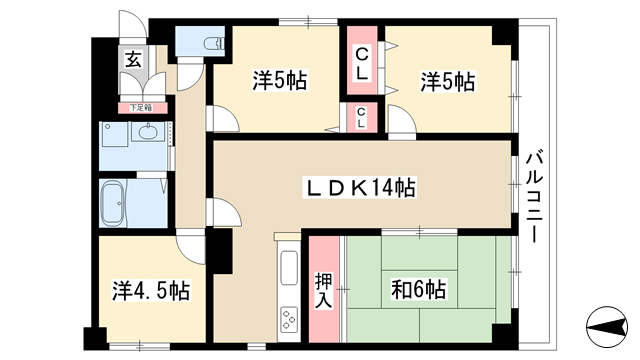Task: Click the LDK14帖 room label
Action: tap(359, 188)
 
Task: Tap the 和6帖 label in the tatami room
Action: tap(418, 289)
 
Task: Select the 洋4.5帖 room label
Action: tap(151, 291)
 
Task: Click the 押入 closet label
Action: tap(324, 290)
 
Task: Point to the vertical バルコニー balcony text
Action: tap(535, 197)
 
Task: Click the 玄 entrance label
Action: tap(133, 60)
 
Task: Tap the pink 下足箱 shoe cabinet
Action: tap(143, 108)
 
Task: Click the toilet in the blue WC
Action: tap(214, 42)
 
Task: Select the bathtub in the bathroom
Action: tap(114, 203)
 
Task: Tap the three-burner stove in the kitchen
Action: tap(289, 318)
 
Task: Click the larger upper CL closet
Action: tap(362, 60)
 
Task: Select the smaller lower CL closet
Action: tap(361, 118)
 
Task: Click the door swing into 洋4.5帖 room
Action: tap(190, 247)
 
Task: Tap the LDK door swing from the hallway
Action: tap(224, 211)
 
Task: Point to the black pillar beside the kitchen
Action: tap(219, 251)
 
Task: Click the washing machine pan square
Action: tap(116, 134)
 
